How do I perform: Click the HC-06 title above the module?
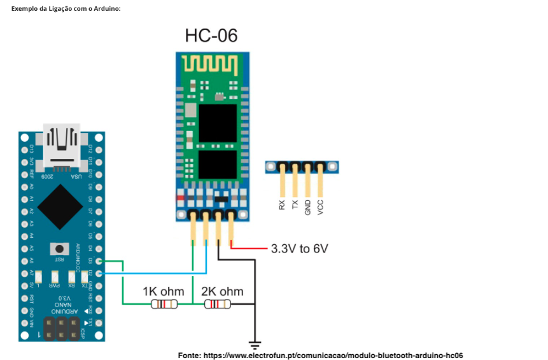(x=211, y=36)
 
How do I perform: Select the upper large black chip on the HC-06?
(x=217, y=123)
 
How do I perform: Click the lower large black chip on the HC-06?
(x=217, y=164)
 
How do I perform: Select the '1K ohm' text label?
(x=163, y=291)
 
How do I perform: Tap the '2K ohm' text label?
(x=222, y=291)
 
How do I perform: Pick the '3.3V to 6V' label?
(x=299, y=249)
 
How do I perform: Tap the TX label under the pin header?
(x=295, y=205)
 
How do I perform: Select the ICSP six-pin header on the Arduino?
(x=62, y=328)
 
